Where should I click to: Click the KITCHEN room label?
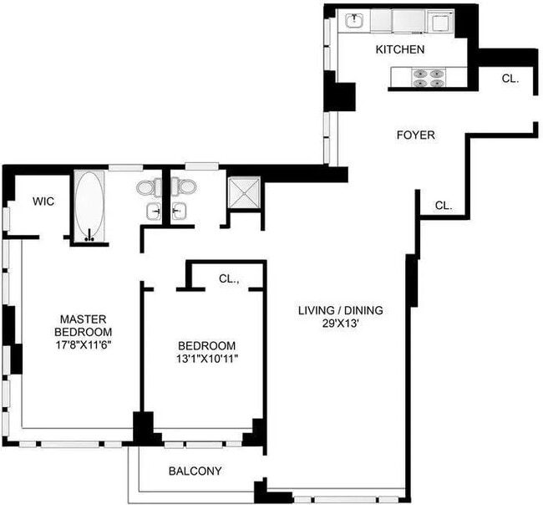click(x=400, y=50)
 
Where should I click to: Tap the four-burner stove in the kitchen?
click(x=430, y=79)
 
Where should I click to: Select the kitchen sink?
click(x=355, y=18)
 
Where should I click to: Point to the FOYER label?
click(x=415, y=135)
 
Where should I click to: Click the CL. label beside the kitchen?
click(x=510, y=78)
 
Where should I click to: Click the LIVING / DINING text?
click(x=341, y=311)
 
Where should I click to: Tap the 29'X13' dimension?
click(x=341, y=325)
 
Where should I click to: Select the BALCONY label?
click(x=195, y=471)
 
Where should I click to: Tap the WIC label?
click(x=43, y=201)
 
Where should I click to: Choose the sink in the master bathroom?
click(x=153, y=212)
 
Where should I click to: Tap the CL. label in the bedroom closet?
click(x=229, y=279)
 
